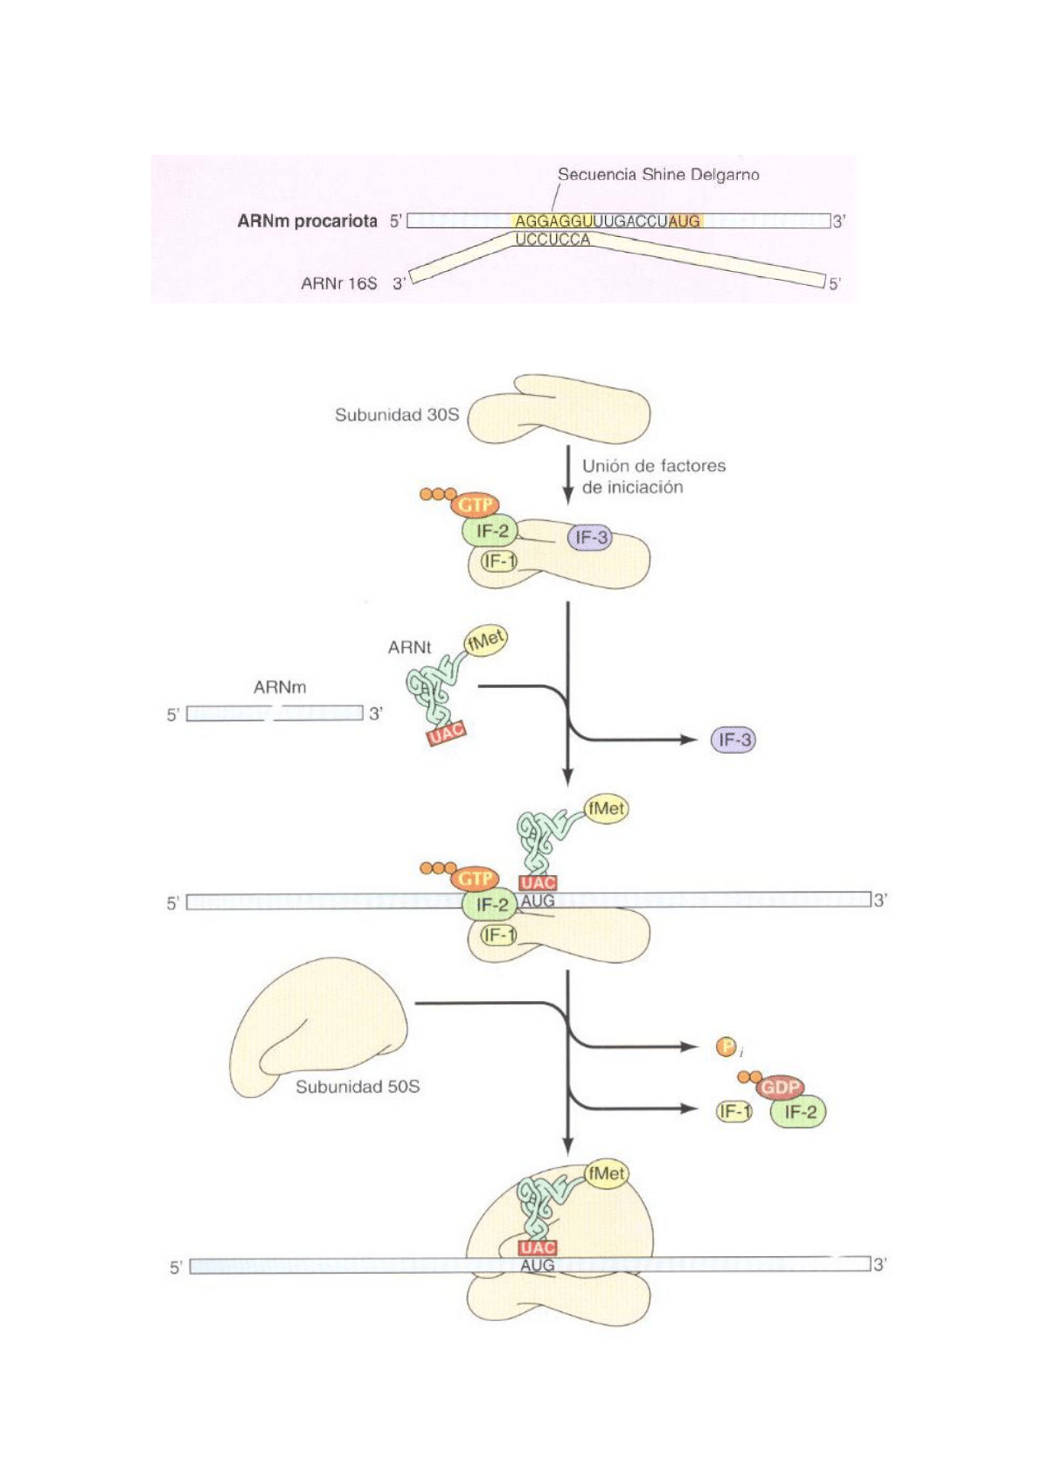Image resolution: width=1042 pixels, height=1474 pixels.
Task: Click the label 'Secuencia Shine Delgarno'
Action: (657, 174)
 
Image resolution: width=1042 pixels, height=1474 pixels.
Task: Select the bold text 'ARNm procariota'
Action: (307, 221)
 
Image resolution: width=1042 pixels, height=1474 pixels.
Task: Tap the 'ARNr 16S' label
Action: (338, 283)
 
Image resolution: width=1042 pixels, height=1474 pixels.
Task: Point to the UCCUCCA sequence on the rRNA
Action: (552, 240)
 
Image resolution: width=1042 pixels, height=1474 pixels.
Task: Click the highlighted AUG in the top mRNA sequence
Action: (684, 222)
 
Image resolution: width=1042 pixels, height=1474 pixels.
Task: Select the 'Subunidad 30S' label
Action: (396, 414)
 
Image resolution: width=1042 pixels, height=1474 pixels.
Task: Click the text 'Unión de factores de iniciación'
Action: (653, 476)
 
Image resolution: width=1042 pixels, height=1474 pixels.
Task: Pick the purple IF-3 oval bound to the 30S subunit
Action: (591, 538)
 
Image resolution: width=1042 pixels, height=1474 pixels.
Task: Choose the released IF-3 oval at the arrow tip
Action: (733, 740)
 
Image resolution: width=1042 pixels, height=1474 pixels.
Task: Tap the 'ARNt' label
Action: (409, 648)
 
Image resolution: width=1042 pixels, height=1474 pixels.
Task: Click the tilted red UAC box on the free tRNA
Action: (446, 733)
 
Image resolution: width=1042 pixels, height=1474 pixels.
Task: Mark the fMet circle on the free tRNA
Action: (486, 641)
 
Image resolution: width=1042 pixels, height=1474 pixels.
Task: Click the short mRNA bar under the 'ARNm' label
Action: (274, 713)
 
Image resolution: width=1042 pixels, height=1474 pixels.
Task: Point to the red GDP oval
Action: (780, 1088)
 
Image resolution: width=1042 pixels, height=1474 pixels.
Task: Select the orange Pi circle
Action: (726, 1046)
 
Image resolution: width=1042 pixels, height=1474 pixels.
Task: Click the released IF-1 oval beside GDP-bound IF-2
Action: (734, 1111)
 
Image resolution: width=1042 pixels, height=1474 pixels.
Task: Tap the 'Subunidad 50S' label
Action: (357, 1087)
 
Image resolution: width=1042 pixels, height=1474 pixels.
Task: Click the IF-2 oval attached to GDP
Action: (799, 1112)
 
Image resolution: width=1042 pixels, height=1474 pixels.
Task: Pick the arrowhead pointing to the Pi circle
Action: (691, 1046)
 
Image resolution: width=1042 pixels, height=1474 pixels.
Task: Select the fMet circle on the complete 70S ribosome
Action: (607, 1173)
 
